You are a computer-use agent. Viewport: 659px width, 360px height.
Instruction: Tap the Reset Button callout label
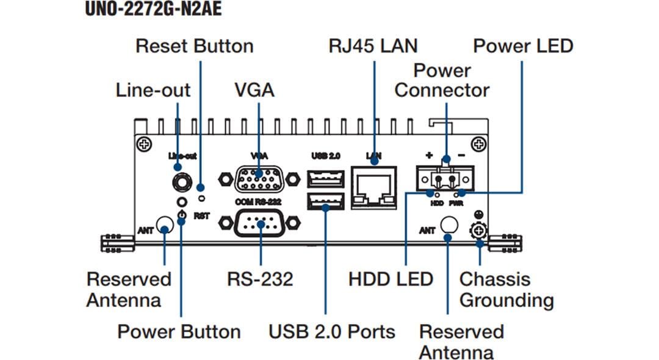tap(194, 46)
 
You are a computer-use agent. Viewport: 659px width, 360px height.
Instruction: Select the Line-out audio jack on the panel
tap(180, 181)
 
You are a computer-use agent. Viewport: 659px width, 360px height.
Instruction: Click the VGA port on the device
tap(258, 179)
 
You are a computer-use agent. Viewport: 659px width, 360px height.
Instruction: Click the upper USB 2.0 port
tap(326, 178)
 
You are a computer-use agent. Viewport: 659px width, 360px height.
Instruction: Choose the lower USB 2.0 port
tap(326, 202)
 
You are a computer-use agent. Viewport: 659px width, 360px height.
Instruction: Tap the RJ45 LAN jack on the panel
tap(374, 187)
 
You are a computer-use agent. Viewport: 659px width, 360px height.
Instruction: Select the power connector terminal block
tap(445, 179)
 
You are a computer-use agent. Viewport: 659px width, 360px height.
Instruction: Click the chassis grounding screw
tap(479, 231)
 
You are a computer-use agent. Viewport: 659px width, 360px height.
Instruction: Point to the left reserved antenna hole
tap(164, 225)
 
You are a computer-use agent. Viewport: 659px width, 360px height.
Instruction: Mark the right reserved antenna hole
tap(448, 226)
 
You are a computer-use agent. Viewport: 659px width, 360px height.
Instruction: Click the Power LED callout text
tap(523, 46)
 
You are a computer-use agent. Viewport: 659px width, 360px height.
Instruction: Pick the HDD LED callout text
tap(391, 279)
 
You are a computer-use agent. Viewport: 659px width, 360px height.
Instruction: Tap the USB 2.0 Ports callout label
tap(332, 332)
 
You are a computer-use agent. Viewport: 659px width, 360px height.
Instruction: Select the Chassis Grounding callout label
tap(506, 290)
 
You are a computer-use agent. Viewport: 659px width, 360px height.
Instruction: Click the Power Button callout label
tap(179, 332)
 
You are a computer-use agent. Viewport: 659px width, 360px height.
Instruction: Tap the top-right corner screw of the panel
tap(480, 144)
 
